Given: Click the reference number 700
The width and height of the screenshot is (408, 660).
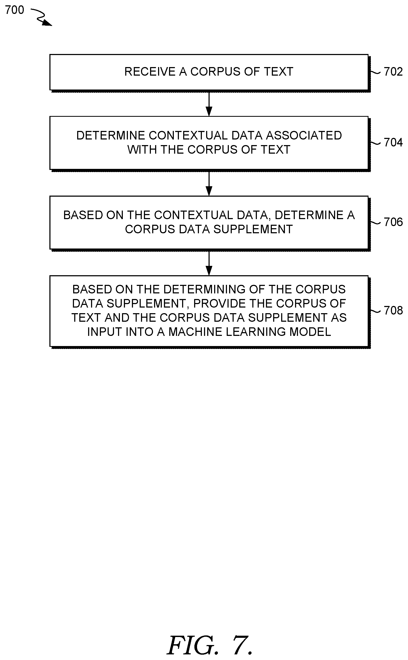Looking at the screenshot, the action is (x=15, y=10).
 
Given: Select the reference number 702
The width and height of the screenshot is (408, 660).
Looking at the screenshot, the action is (x=393, y=72).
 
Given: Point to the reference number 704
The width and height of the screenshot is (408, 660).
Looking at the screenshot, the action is (x=393, y=142).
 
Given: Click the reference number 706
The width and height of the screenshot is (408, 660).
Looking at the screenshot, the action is (x=393, y=222).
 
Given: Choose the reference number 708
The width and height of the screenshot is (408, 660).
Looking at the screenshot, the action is (x=393, y=310).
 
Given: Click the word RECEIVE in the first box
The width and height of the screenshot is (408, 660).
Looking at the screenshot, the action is (x=150, y=72).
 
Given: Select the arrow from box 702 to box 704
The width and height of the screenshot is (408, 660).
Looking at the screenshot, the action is (x=209, y=104).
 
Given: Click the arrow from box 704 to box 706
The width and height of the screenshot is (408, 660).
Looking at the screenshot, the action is (x=209, y=184).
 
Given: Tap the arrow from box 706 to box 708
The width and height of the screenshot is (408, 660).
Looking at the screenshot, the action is (x=209, y=263).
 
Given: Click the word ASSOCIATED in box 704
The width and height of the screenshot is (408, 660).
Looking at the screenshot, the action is (x=304, y=135).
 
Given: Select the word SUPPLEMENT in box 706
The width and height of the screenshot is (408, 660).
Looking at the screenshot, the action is (x=253, y=229).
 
